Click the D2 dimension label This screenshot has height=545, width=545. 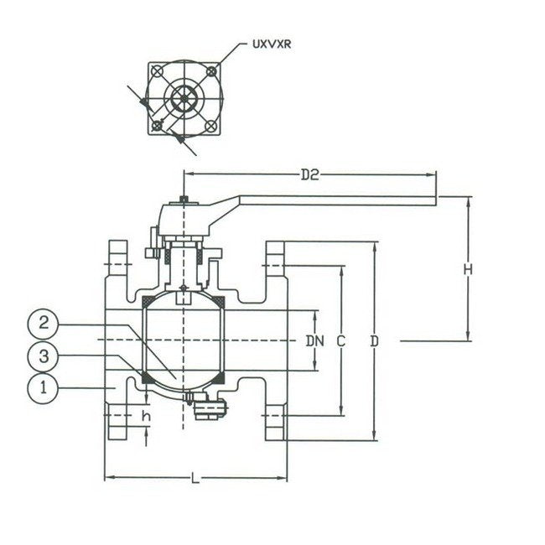[x=309, y=174]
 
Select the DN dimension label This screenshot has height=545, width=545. [x=314, y=340]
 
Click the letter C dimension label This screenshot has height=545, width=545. [x=340, y=340]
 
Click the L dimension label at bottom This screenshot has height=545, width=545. [x=195, y=479]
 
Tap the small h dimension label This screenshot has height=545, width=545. [x=145, y=417]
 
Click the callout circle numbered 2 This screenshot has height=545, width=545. [x=46, y=323]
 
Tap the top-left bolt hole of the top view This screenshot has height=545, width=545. [x=156, y=70]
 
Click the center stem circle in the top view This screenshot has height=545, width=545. [x=184, y=98]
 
